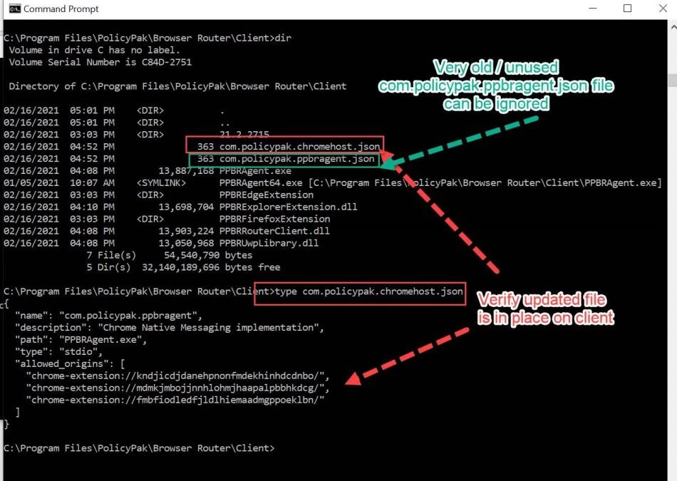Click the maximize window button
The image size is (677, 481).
tap(627, 9)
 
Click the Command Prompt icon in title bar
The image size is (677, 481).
tap(14, 9)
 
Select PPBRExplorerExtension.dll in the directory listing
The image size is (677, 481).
tap(288, 207)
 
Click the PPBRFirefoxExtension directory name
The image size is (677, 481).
tap(274, 219)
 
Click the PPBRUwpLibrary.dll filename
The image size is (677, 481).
tap(270, 243)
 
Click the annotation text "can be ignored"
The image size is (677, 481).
tap(496, 104)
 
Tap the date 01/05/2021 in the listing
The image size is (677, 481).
tap(31, 182)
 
